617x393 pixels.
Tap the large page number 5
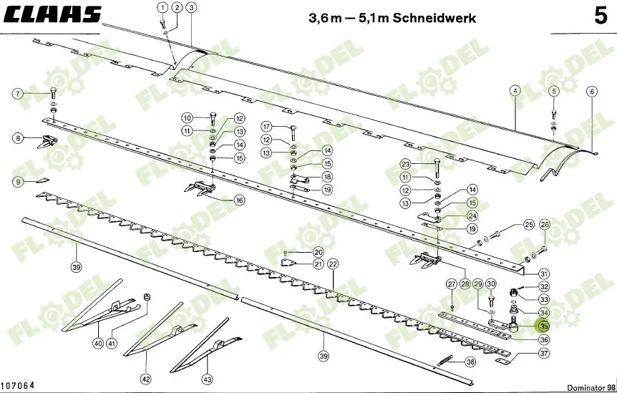click(x=600, y=16)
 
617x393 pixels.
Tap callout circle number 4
click(x=514, y=91)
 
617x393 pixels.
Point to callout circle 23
click(x=405, y=164)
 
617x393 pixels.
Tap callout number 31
click(x=544, y=273)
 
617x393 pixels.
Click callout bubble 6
click(x=591, y=91)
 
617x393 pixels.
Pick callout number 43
click(x=208, y=379)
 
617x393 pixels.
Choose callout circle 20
click(x=319, y=251)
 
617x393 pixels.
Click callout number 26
click(x=544, y=225)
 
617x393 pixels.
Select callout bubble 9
click(x=18, y=182)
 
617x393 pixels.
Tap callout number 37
click(x=544, y=353)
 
